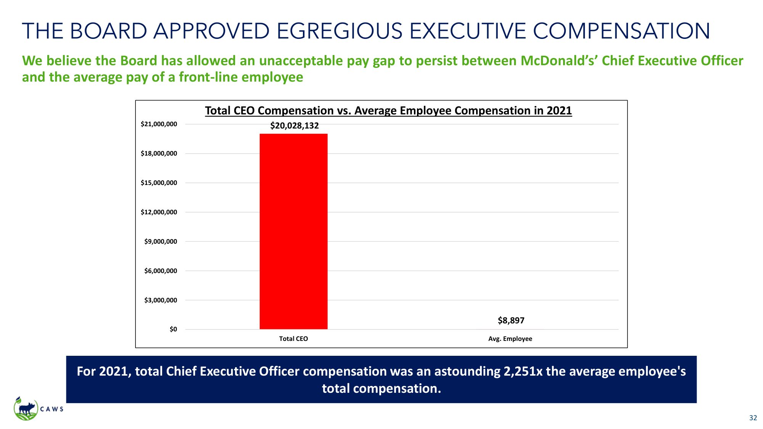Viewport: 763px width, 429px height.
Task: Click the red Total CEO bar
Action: click(293, 231)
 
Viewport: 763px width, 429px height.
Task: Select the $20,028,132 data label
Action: click(294, 125)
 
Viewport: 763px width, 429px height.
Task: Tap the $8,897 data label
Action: click(511, 320)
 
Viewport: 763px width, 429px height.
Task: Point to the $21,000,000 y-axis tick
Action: click(159, 124)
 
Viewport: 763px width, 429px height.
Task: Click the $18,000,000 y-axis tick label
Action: click(159, 153)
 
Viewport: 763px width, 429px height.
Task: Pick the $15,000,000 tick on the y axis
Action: click(159, 183)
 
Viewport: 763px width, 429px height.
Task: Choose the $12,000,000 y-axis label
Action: click(159, 212)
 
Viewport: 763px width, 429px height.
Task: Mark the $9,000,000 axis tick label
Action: click(160, 241)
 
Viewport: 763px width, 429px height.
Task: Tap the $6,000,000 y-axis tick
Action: click(160, 271)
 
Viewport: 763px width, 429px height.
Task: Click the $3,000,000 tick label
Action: click(160, 300)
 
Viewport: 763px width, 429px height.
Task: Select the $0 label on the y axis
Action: click(173, 329)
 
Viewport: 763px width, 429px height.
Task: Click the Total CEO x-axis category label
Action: click(293, 339)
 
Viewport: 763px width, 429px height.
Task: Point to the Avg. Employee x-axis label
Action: click(510, 339)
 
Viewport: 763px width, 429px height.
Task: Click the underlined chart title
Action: click(388, 111)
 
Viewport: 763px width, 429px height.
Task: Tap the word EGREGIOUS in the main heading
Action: click(339, 31)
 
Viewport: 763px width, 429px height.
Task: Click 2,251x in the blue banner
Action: click(523, 371)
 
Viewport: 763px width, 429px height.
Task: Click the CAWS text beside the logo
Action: click(52, 409)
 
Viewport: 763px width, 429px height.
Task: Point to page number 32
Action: click(753, 418)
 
